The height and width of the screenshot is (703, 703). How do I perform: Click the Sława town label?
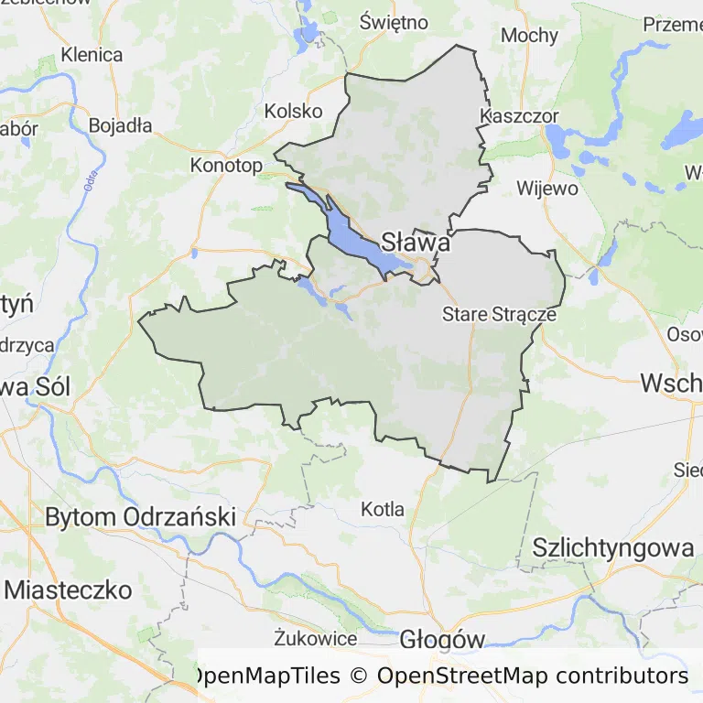click(x=415, y=243)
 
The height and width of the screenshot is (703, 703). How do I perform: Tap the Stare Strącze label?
click(x=499, y=314)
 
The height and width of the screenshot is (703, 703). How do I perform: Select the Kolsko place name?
click(x=293, y=111)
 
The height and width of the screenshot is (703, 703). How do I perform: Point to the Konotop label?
click(x=226, y=166)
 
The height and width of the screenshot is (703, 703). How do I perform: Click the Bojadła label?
click(x=121, y=126)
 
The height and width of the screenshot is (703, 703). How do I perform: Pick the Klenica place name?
click(x=92, y=55)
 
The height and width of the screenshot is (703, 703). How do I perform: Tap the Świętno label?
click(x=395, y=22)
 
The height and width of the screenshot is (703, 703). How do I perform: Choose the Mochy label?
click(x=529, y=36)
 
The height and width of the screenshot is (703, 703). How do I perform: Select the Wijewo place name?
click(x=547, y=189)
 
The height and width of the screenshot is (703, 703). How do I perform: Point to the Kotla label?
click(x=383, y=509)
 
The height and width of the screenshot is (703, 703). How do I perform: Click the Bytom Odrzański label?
click(x=140, y=516)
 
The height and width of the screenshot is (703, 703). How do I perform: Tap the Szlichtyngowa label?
click(x=613, y=548)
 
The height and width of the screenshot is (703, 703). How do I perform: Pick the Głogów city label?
click(x=441, y=640)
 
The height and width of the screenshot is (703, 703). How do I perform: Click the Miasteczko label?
click(x=68, y=589)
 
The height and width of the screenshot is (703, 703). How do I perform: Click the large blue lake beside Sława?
click(x=352, y=234)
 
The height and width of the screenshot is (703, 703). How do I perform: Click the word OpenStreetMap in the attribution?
click(x=462, y=676)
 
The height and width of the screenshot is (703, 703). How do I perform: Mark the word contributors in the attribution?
click(x=622, y=676)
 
